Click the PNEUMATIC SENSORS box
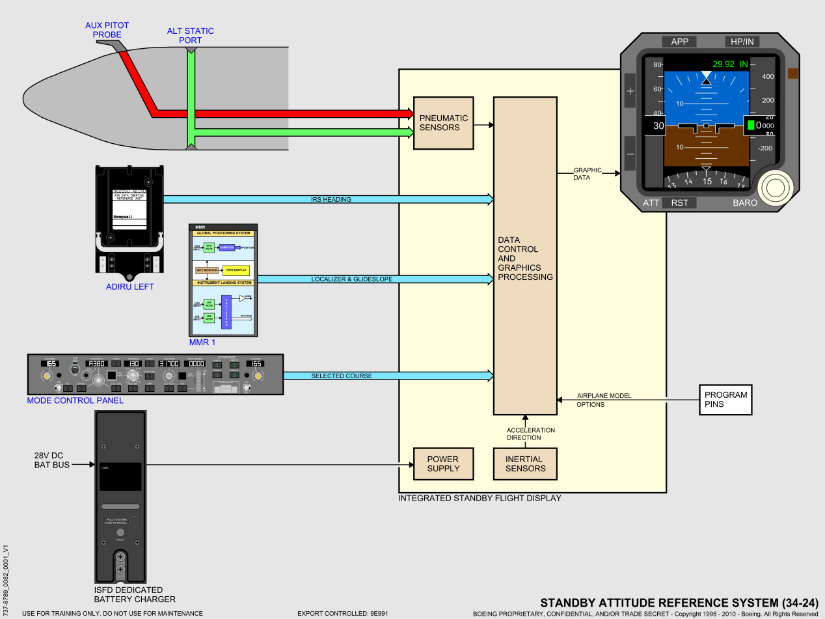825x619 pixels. pyautogui.click(x=444, y=123)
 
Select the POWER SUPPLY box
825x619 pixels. pyautogui.click(x=443, y=463)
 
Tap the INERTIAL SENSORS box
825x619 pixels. pyautogui.click(x=526, y=463)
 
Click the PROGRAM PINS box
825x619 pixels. pyautogui.click(x=725, y=399)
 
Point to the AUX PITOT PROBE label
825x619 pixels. pyautogui.click(x=107, y=30)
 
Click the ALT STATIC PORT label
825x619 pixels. pyautogui.click(x=190, y=36)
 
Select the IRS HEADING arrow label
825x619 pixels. pyautogui.click(x=331, y=199)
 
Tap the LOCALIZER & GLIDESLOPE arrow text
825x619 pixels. pyautogui.click(x=351, y=279)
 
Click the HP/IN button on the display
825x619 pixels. pyautogui.click(x=742, y=42)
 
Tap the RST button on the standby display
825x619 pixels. pyautogui.click(x=679, y=202)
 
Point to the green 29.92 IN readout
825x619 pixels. pyautogui.click(x=730, y=64)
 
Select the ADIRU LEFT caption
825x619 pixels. pyautogui.click(x=130, y=286)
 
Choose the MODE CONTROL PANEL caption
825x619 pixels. pyautogui.click(x=75, y=400)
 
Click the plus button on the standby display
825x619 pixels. pyautogui.click(x=630, y=91)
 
